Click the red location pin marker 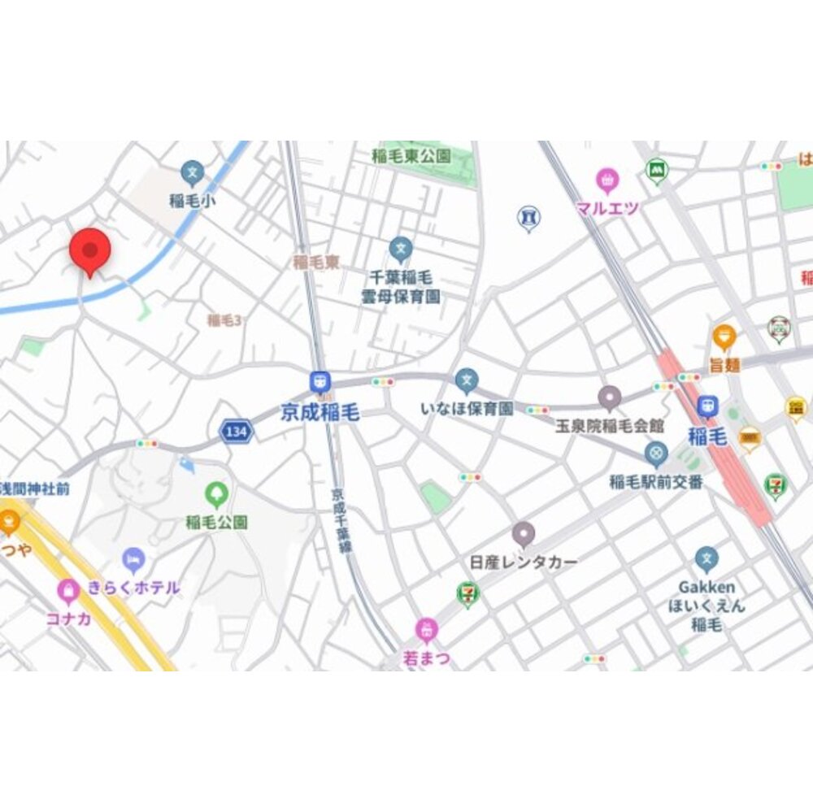[89, 250]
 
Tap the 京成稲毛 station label [320, 412]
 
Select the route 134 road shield [234, 432]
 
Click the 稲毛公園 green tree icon [216, 493]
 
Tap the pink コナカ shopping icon [68, 591]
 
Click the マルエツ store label [606, 208]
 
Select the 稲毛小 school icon [192, 172]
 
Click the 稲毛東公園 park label [411, 155]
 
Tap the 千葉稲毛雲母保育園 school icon [400, 249]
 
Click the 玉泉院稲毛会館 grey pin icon [610, 397]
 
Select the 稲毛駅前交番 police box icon [656, 454]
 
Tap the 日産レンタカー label [524, 562]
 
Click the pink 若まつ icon [426, 629]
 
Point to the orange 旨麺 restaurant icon [724, 336]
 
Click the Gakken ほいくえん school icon [706, 559]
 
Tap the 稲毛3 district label [224, 320]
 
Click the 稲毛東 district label [315, 263]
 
